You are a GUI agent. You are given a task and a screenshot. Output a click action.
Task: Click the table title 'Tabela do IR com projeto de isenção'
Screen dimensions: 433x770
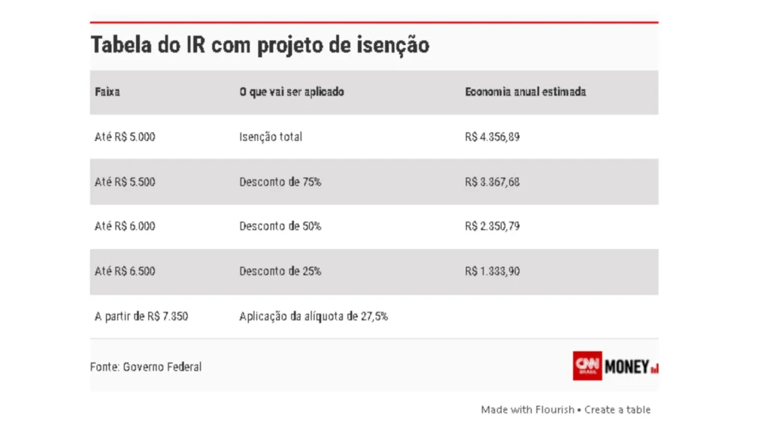pyautogui.click(x=260, y=45)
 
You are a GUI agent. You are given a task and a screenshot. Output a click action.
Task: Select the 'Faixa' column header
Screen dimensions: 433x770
pyautogui.click(x=108, y=92)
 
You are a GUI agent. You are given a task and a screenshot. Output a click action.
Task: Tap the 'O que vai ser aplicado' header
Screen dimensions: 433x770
pyautogui.click(x=292, y=92)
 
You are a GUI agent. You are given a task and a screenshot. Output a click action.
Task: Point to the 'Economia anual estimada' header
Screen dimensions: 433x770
pyautogui.click(x=526, y=92)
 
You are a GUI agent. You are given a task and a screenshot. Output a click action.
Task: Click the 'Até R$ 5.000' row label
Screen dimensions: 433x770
pyautogui.click(x=125, y=137)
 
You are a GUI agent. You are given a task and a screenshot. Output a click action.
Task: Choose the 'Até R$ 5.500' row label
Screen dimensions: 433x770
pyautogui.click(x=125, y=182)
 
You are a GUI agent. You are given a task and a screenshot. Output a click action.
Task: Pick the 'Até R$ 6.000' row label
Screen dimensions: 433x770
pyautogui.click(x=125, y=226)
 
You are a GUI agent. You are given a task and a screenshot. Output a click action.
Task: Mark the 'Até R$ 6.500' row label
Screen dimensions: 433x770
pyautogui.click(x=125, y=271)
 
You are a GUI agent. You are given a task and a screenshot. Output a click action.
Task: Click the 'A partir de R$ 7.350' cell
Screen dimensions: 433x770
pyautogui.click(x=141, y=316)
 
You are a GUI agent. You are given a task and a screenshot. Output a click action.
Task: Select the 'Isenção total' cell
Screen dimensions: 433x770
pyautogui.click(x=271, y=137)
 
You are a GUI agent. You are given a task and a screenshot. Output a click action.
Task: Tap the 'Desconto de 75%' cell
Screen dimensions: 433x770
pyautogui.click(x=280, y=182)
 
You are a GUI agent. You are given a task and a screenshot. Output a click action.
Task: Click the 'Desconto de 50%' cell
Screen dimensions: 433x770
pyautogui.click(x=280, y=226)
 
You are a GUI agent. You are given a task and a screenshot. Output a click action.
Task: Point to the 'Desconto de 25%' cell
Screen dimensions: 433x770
pyautogui.click(x=280, y=271)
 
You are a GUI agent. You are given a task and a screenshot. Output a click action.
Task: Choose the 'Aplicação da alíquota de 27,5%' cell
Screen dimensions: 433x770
pyautogui.click(x=314, y=316)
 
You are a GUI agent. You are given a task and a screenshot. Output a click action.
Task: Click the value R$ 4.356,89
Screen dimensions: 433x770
pyautogui.click(x=493, y=137)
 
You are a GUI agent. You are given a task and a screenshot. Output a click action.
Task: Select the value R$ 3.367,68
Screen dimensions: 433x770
pyautogui.click(x=493, y=182)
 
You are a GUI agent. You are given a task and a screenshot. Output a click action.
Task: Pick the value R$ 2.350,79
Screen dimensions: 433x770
pyautogui.click(x=493, y=226)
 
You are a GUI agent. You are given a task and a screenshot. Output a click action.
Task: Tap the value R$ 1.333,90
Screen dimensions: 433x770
pyautogui.click(x=493, y=271)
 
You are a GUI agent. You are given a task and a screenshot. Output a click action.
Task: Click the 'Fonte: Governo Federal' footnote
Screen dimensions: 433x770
pyautogui.click(x=146, y=367)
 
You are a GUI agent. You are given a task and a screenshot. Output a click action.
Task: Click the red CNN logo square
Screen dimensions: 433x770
pyautogui.click(x=587, y=365)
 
